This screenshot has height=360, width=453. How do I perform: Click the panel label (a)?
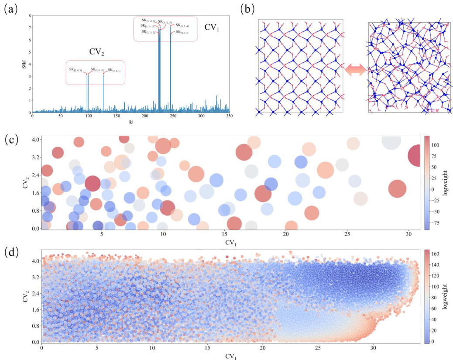point(10,9)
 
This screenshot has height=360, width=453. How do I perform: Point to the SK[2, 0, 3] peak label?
point(75,70)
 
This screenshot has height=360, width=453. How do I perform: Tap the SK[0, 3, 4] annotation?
point(182,32)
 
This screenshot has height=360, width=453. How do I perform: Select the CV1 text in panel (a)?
point(212,27)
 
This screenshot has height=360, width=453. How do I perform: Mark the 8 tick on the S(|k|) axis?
point(29,16)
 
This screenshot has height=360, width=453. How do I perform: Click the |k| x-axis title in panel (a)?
point(131,122)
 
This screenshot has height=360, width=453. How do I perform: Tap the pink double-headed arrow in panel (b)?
point(355,69)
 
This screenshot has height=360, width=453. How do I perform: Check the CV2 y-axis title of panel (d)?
point(21,295)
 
